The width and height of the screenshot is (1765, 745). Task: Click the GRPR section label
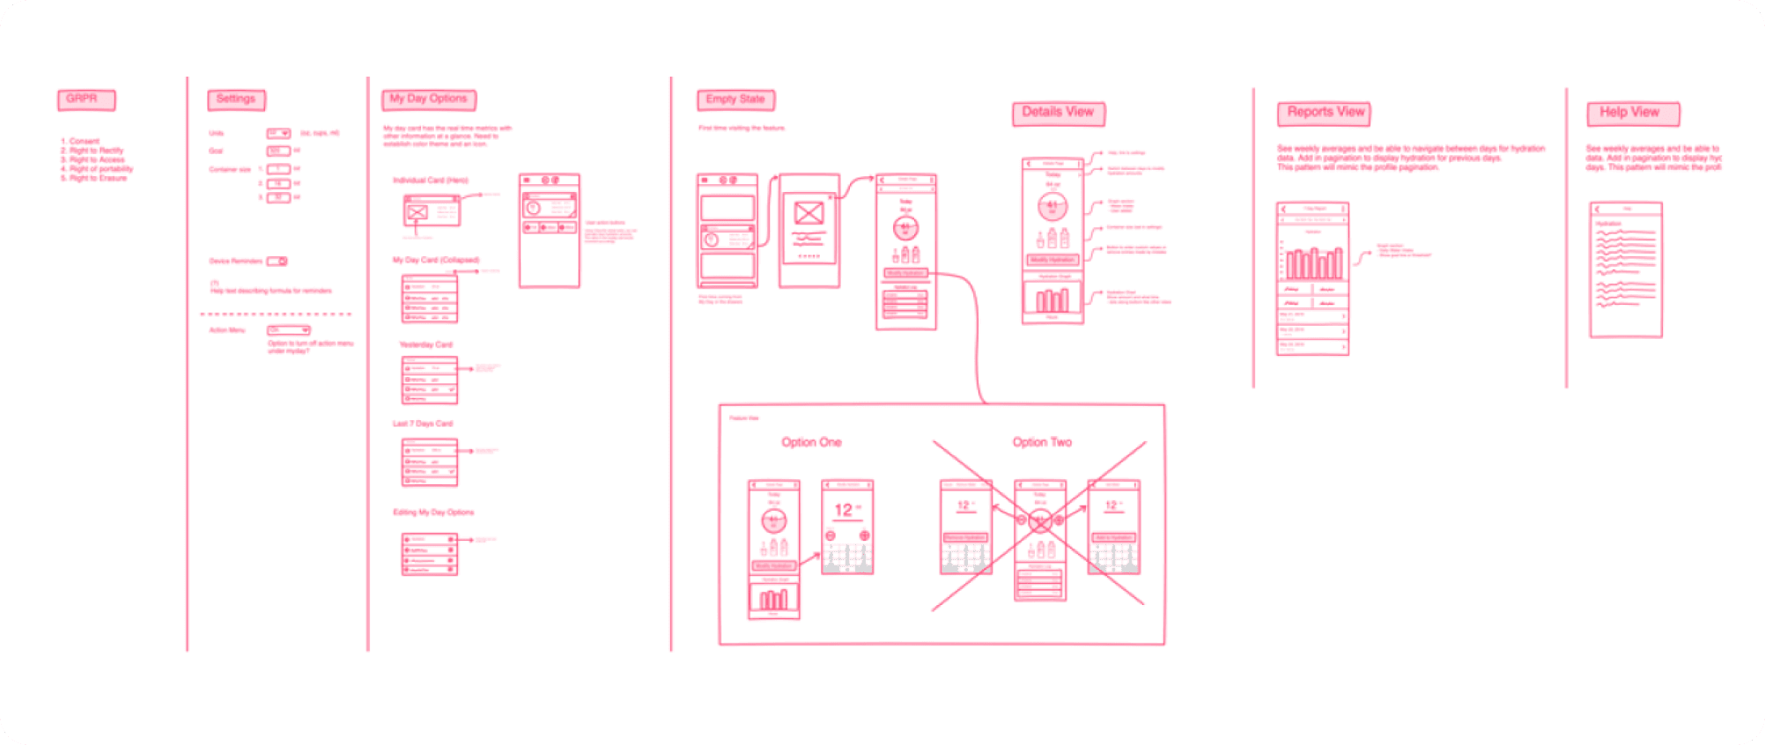click(85, 100)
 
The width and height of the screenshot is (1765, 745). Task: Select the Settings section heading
click(236, 100)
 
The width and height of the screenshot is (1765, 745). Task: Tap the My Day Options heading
click(429, 100)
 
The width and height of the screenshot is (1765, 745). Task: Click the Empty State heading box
click(735, 100)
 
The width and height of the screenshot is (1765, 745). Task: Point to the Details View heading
click(1058, 113)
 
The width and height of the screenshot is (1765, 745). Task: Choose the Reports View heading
click(1324, 113)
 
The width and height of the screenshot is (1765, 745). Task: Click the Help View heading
click(1632, 114)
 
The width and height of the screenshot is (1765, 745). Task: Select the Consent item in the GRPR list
click(83, 141)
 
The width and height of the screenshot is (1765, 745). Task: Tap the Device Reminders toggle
click(277, 262)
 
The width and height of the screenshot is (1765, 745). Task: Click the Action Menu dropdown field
click(288, 330)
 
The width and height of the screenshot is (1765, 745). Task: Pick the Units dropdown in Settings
click(278, 133)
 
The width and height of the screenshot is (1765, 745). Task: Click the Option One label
click(811, 442)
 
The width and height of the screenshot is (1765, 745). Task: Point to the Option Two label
click(1042, 442)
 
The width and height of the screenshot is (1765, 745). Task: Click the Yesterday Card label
click(425, 344)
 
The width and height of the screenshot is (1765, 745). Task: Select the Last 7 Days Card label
click(423, 424)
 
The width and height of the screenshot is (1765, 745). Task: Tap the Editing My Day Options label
click(432, 512)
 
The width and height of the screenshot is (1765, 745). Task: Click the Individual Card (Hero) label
click(430, 180)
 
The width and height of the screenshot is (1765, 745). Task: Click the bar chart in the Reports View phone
click(1312, 262)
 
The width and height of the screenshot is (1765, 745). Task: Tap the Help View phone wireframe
click(1625, 269)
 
